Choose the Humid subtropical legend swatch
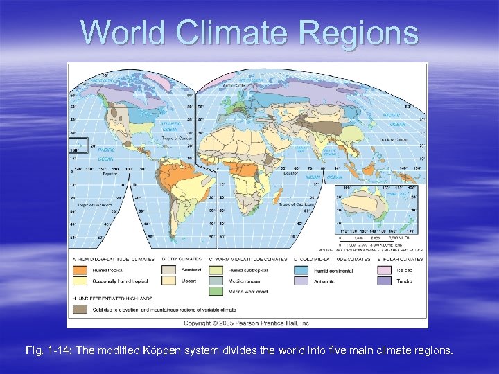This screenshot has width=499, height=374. point(216,270)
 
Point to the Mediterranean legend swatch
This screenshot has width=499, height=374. point(216,281)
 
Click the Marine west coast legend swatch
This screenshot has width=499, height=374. point(216,292)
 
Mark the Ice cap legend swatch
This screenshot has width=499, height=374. point(385,270)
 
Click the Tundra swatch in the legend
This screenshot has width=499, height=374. point(385,281)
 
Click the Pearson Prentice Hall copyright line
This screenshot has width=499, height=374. point(247,322)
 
